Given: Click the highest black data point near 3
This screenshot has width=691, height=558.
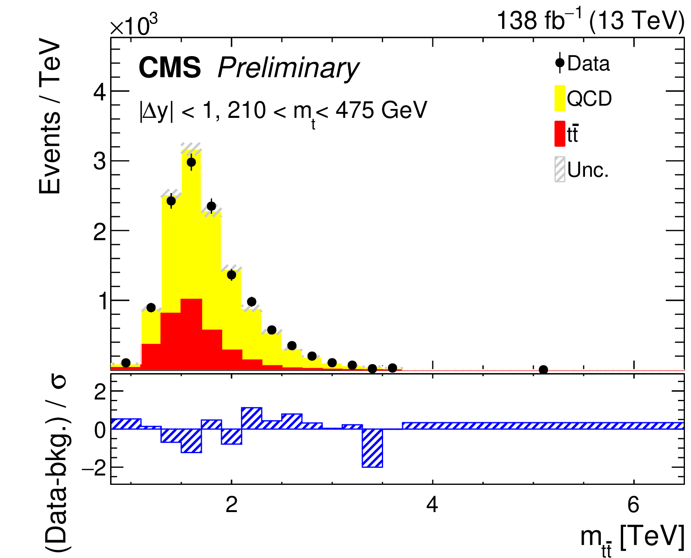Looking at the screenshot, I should (x=191, y=162).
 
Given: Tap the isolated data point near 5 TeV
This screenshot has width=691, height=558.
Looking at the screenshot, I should (x=543, y=370).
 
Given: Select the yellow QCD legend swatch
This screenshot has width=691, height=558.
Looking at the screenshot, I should (x=560, y=98).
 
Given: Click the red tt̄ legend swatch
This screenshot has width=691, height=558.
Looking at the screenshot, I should (x=560, y=134).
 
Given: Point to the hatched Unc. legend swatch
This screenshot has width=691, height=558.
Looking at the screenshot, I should (x=560, y=169).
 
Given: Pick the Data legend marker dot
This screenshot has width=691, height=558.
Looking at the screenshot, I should (x=560, y=63).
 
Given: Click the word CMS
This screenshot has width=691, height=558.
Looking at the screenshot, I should (x=170, y=67).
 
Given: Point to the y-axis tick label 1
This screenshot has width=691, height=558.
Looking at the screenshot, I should (x=102, y=301).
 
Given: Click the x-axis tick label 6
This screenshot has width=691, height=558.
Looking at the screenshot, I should (x=633, y=505).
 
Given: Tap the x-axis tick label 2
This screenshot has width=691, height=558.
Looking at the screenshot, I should (x=231, y=505).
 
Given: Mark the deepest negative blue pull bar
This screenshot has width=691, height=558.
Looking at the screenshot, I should (x=372, y=448).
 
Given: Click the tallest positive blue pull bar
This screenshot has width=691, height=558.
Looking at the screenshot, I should (x=251, y=418).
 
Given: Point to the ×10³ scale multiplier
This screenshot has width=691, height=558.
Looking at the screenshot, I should (x=134, y=25).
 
